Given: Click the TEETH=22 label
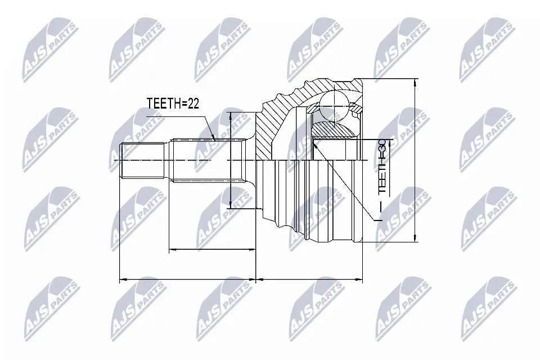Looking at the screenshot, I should [x=173, y=103].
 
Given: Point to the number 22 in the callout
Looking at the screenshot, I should [x=192, y=103].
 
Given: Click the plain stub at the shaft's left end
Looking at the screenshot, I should [x=143, y=161].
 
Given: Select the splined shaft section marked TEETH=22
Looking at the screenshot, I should [x=205, y=161].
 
